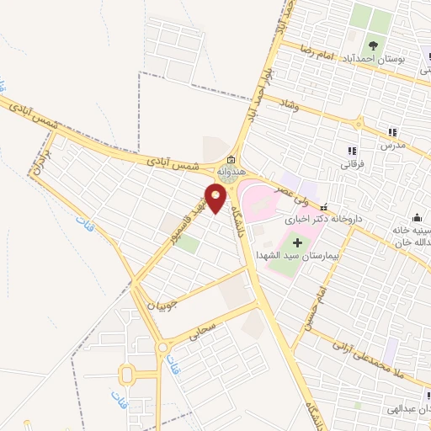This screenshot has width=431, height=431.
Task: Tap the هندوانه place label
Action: point(231,171)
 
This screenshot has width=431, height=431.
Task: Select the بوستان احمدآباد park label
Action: point(378,60)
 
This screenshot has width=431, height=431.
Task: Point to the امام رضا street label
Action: point(315,52)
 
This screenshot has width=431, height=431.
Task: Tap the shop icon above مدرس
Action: point(391,131)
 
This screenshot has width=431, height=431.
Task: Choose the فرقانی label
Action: point(353,164)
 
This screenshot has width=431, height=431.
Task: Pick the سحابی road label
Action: point(205,327)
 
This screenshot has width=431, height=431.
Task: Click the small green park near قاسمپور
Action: point(189,245)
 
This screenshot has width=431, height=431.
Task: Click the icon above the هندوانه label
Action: point(231,159)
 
